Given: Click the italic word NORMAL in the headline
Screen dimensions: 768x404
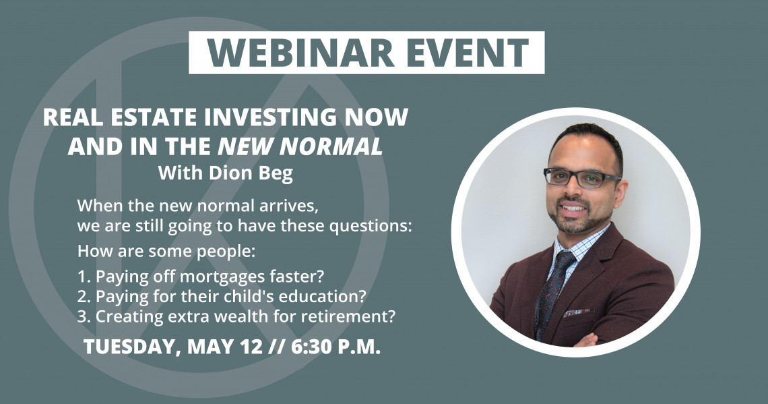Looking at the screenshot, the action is pos(335,146).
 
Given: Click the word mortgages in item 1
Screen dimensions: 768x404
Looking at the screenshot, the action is pos(222,277).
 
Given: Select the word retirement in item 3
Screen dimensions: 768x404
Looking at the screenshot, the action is pos(348,317).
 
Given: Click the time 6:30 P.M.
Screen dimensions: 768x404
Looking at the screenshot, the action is pos(335,347).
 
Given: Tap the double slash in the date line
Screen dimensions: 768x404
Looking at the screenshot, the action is pos(278,347).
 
